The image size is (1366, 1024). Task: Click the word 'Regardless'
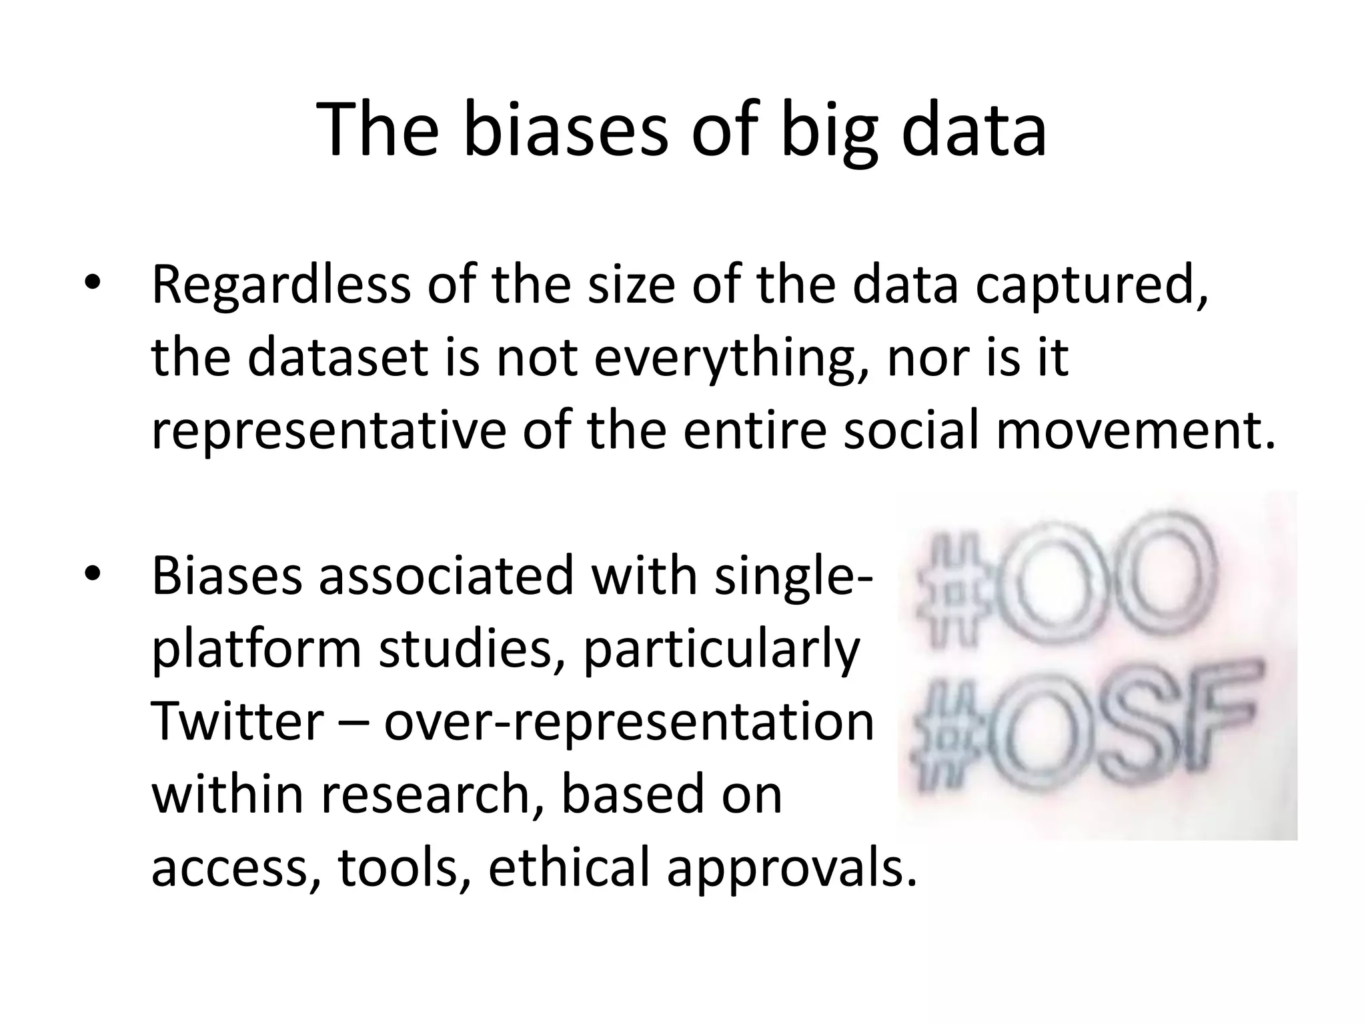click(281, 285)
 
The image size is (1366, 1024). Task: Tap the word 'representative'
click(329, 431)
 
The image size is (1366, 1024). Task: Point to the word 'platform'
click(256, 650)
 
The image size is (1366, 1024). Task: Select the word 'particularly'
click(721, 650)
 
